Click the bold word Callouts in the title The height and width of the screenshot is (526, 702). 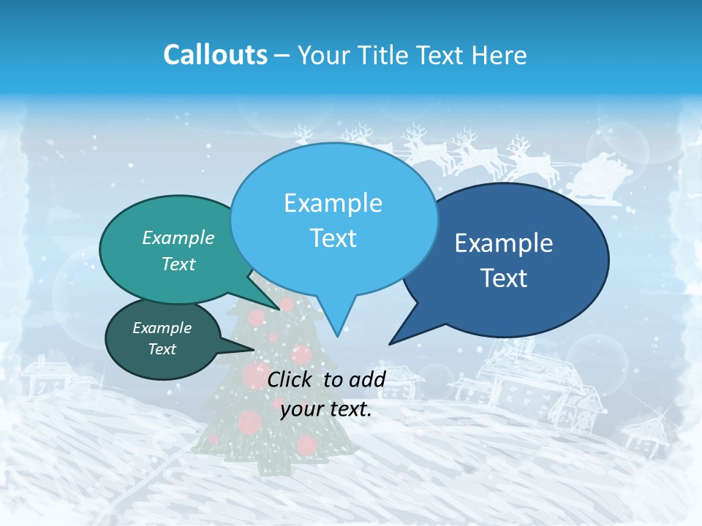point(215,55)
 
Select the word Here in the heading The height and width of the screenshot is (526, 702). point(499,55)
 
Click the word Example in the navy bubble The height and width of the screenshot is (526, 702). point(504,243)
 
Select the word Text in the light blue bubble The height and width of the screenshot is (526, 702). point(333,238)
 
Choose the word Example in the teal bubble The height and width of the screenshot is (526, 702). point(178,237)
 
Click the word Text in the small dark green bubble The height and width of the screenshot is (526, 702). point(162,349)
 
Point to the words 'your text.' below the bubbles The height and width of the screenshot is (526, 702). point(326,409)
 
